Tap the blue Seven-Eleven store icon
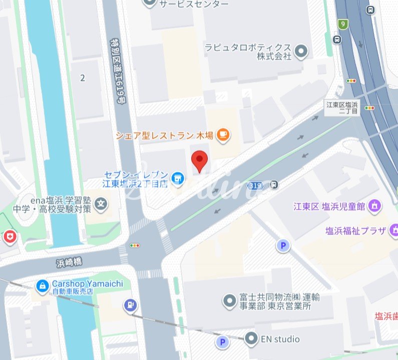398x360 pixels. pos(177,177)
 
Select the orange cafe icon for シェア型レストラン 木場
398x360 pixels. pos(223,134)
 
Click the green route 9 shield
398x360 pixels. pos(342,24)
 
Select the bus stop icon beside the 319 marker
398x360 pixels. pos(273,185)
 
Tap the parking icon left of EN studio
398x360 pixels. pos(221,342)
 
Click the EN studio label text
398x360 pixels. pos(280,339)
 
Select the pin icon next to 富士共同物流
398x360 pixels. pos(229,300)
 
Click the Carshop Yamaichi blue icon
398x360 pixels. pos(43,286)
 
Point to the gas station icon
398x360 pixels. pos(130,304)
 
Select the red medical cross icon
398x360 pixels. pos(9,236)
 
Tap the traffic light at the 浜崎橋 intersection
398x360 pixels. pos(135,245)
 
